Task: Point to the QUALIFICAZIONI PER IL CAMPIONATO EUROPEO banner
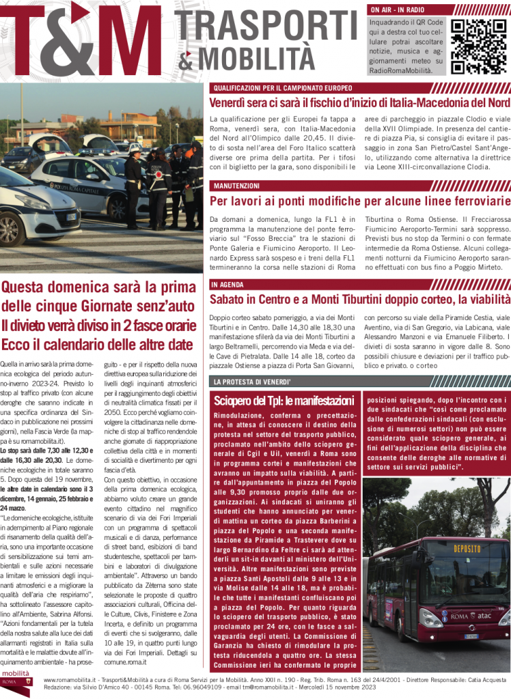(x=282, y=88)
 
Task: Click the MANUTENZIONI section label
(x=236, y=186)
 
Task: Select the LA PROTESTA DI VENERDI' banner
(x=252, y=382)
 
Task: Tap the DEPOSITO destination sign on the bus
(x=467, y=549)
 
